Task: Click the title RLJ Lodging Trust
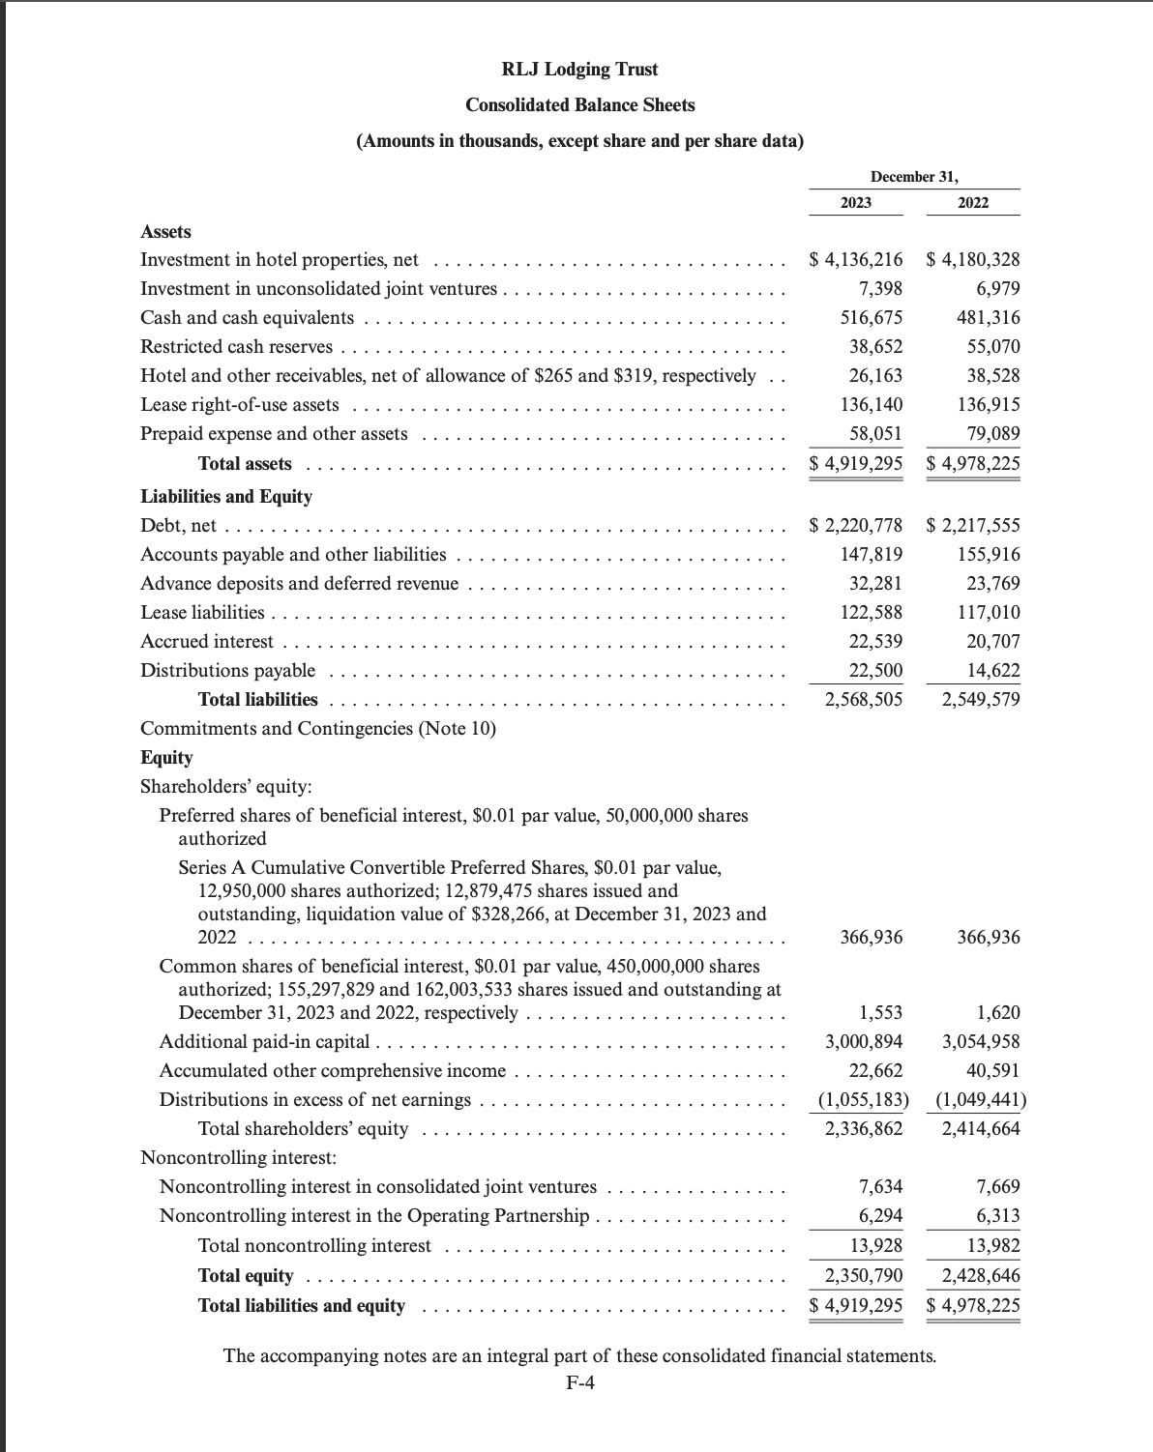tap(579, 70)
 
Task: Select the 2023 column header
tap(855, 203)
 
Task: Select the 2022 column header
tap(973, 203)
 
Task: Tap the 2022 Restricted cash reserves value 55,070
tap(993, 347)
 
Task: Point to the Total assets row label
tap(245, 464)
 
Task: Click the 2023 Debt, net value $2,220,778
tap(856, 526)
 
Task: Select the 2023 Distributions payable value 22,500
tap(875, 671)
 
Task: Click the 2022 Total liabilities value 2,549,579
tap(981, 700)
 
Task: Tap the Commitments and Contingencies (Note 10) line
tap(318, 729)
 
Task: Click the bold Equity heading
tap(166, 758)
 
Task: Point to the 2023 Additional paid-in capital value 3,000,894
tap(864, 1042)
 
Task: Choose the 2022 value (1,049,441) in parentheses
tap(981, 1100)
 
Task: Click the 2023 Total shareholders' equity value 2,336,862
tap(864, 1129)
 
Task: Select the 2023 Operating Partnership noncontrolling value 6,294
tap(881, 1216)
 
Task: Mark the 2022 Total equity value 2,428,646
tap(981, 1276)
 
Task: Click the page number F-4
tap(580, 1382)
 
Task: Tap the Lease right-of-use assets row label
tap(240, 405)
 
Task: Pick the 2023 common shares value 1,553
tap(881, 1013)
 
